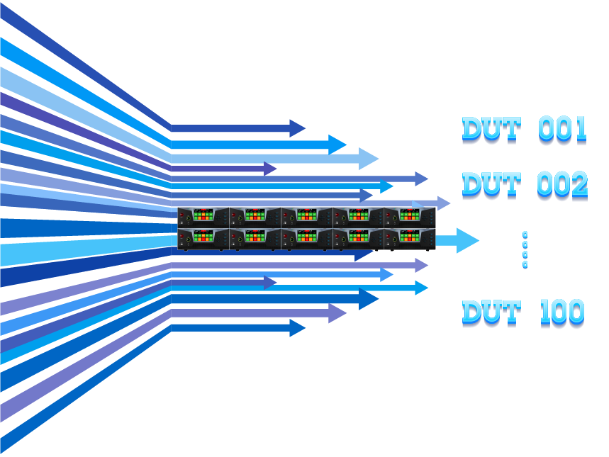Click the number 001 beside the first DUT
(x=563, y=129)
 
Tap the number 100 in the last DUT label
(x=562, y=312)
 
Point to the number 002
(x=563, y=184)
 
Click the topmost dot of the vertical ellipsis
(x=525, y=234)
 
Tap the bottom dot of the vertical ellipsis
(x=525, y=265)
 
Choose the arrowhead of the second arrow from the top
(x=337, y=145)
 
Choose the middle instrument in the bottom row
(x=306, y=239)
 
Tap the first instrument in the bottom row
(x=203, y=239)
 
